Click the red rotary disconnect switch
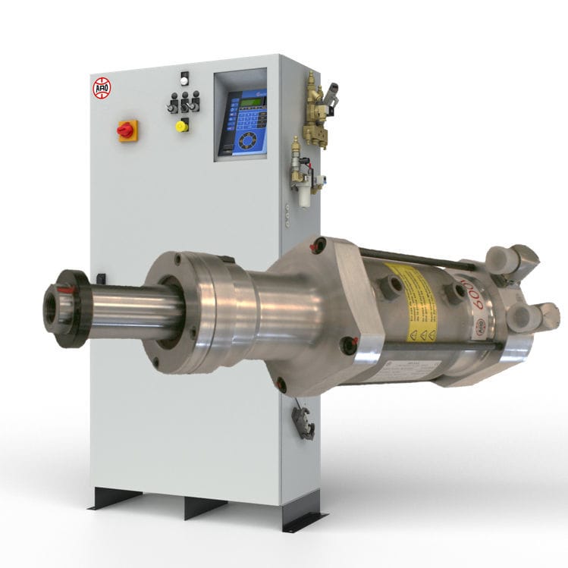[126, 130]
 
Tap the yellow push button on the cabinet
[181, 126]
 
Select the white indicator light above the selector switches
[184, 77]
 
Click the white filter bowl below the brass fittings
[305, 196]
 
